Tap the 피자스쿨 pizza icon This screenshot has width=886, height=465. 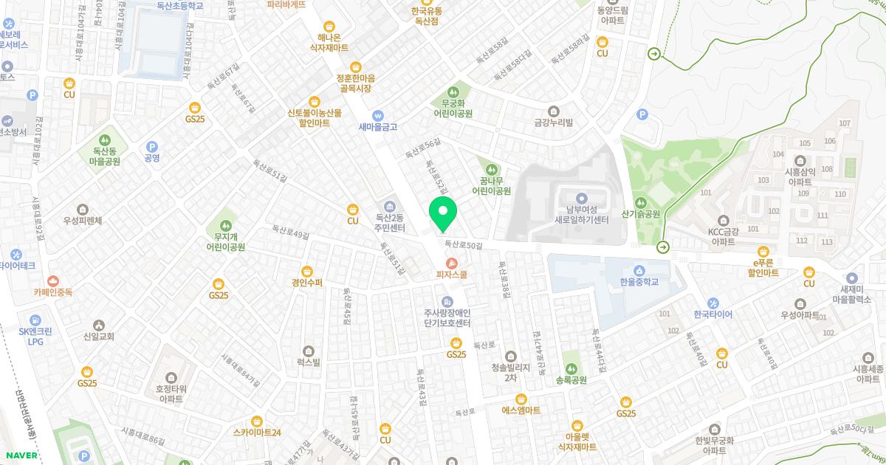point(452,263)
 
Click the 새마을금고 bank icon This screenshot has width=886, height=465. point(378,115)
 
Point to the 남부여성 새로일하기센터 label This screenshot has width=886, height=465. point(581,215)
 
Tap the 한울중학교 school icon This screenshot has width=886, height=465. point(639,270)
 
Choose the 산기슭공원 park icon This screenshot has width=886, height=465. point(640,202)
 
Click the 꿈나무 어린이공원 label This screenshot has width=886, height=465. point(492,185)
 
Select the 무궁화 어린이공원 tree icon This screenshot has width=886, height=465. point(462,91)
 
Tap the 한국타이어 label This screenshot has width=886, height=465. point(713,314)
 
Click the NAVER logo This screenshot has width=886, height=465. point(20,455)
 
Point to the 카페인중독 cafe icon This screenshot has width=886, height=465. point(52,280)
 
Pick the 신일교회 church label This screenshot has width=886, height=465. point(99,337)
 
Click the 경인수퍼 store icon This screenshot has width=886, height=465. point(307,271)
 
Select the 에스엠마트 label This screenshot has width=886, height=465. point(521,410)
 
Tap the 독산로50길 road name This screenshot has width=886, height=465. point(463,245)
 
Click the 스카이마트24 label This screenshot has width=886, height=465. point(256,433)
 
